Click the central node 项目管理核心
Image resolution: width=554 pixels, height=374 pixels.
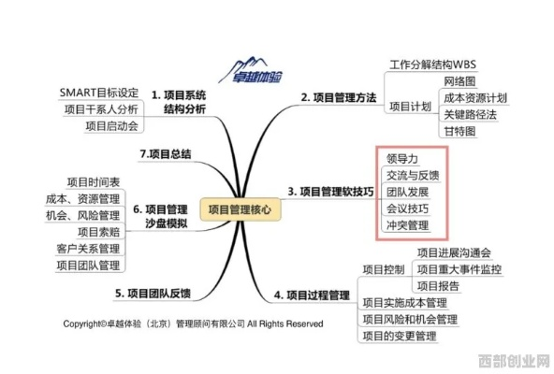tap(241, 209)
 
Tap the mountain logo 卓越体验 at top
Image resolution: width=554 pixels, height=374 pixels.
tap(251, 71)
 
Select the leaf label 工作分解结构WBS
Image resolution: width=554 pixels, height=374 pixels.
tap(432, 65)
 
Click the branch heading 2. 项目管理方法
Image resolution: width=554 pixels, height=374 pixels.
tap(339, 97)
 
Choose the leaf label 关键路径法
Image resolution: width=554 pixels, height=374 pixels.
tap(471, 114)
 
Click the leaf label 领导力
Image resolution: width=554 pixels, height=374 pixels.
tap(402, 159)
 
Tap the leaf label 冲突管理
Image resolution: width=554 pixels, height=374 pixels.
tap(407, 225)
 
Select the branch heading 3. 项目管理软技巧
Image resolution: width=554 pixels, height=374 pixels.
tap(330, 192)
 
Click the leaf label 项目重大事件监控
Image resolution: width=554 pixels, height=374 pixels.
tap(459, 269)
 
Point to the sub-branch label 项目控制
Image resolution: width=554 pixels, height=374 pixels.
tap(384, 269)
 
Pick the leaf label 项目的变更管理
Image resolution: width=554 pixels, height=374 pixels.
tap(400, 336)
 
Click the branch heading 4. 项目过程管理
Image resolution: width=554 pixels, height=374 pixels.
tap(312, 295)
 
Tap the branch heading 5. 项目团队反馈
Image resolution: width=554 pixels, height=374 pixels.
tap(153, 294)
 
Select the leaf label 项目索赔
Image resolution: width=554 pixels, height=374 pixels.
tap(99, 232)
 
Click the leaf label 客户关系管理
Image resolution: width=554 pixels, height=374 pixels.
tap(88, 249)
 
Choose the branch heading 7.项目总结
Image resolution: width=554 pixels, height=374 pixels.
tap(166, 154)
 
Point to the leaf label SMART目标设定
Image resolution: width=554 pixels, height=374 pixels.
tap(99, 93)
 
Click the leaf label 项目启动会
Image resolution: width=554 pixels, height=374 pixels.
tap(111, 125)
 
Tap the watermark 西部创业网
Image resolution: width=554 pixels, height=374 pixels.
tap(515, 361)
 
